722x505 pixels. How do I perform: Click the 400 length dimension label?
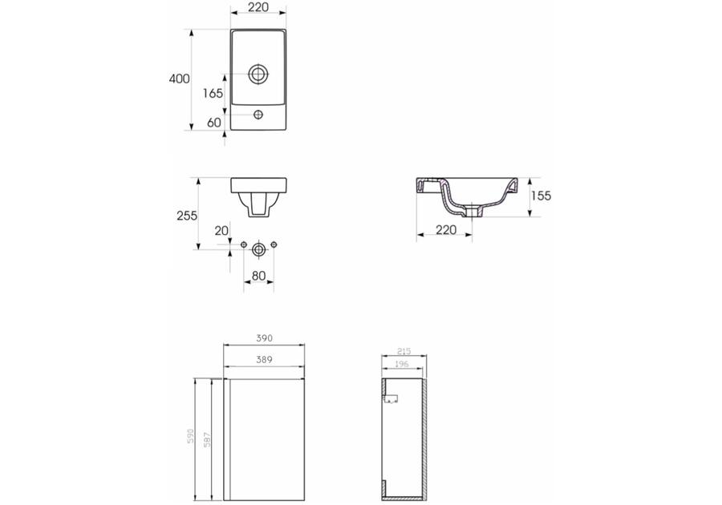tap(179, 79)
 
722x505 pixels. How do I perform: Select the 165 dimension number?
tap(213, 93)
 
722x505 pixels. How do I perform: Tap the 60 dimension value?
tap(214, 123)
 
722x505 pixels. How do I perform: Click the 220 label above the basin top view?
tap(258, 7)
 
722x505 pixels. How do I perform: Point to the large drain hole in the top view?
tap(258, 74)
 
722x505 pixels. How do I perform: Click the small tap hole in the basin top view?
tap(258, 114)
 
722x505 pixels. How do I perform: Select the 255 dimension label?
tap(187, 216)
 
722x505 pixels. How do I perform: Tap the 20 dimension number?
tap(221, 231)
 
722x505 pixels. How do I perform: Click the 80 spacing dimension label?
tap(259, 276)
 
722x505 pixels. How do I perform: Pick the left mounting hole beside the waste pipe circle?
tap(244, 244)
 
